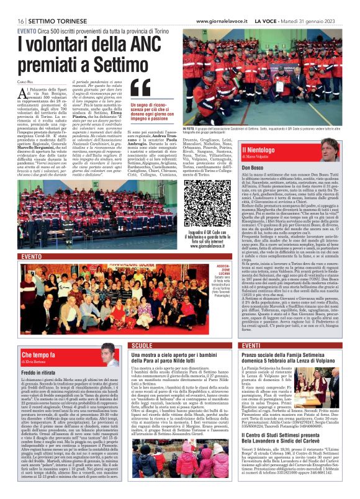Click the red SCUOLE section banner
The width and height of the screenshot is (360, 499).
pyautogui.click(x=143, y=345)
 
